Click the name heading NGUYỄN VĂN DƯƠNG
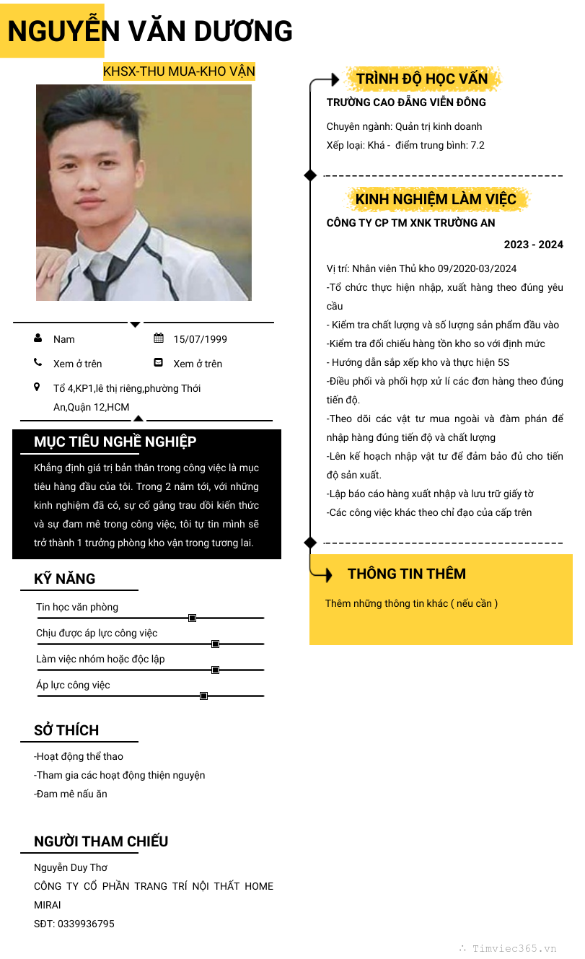[150, 32]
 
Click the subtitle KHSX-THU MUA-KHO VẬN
[179, 71]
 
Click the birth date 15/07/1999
[200, 339]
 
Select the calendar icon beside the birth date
[159, 338]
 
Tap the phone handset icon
[38, 362]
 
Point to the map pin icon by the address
[38, 387]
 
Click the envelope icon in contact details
[159, 362]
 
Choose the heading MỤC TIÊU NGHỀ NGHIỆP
[115, 442]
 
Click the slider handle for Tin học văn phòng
[192, 618]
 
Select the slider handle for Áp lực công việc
[203, 696]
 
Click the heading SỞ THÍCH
[66, 730]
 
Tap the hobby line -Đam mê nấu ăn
[71, 794]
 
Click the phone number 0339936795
[86, 924]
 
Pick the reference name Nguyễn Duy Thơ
[71, 867]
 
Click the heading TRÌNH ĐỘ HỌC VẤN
[422, 79]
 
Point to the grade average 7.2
[478, 145]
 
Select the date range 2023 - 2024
[533, 245]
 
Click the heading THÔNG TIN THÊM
[407, 574]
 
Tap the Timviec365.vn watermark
[514, 948]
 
